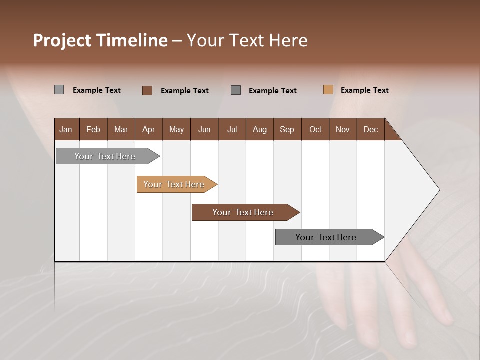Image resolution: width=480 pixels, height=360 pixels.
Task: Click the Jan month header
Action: pyautogui.click(x=66, y=129)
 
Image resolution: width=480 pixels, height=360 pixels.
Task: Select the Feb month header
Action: pyautogui.click(x=93, y=129)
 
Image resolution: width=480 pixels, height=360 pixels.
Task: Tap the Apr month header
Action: pyautogui.click(x=148, y=129)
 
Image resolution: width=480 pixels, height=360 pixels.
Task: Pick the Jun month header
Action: pyautogui.click(x=204, y=129)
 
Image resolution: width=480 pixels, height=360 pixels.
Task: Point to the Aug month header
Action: pyautogui.click(x=259, y=129)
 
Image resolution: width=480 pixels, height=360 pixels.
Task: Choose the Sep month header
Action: pyautogui.click(x=287, y=129)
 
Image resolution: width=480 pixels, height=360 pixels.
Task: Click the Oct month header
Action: pyautogui.click(x=315, y=129)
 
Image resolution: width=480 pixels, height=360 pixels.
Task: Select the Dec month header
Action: pyautogui.click(x=370, y=129)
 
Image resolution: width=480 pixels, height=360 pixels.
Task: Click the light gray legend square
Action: pyautogui.click(x=59, y=90)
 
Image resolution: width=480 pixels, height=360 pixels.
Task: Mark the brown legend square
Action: pyautogui.click(x=147, y=90)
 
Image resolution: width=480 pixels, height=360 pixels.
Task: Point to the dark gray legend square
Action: pyautogui.click(x=236, y=90)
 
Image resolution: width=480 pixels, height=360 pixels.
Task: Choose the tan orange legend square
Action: pyautogui.click(x=328, y=90)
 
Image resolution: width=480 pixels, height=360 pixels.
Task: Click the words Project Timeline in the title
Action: pyautogui.click(x=100, y=40)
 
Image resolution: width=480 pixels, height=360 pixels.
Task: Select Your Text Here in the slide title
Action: pyautogui.click(x=247, y=40)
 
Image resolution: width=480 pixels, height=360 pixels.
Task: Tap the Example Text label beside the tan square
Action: pyautogui.click(x=364, y=90)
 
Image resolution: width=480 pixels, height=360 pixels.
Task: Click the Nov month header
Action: pyautogui.click(x=342, y=129)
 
